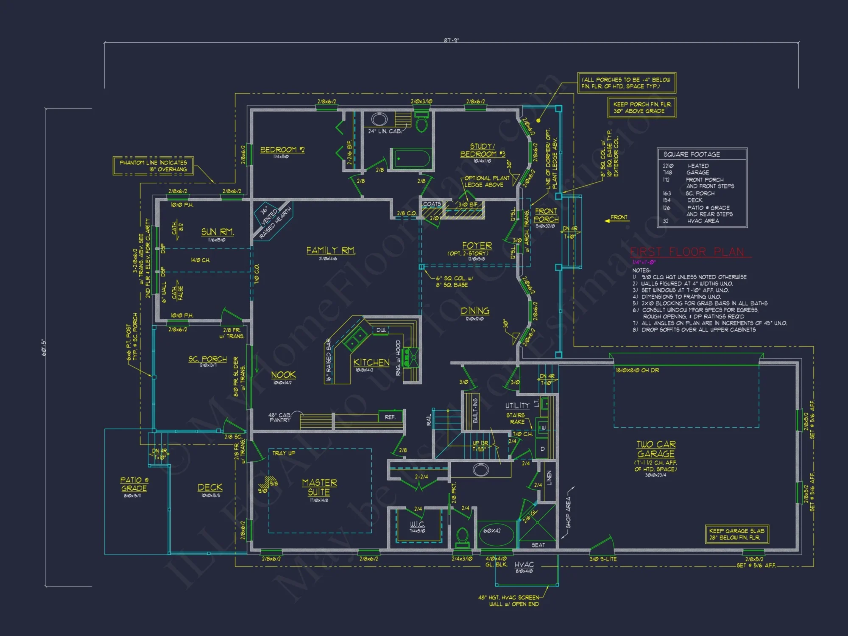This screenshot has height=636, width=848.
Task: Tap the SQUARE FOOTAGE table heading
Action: pyautogui.click(x=692, y=154)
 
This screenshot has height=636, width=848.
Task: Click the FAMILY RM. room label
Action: pyautogui.click(x=331, y=251)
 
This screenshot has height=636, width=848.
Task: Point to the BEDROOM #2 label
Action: pyautogui.click(x=282, y=150)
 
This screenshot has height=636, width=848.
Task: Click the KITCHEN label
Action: pyautogui.click(x=371, y=363)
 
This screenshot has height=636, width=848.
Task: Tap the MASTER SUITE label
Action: pyautogui.click(x=319, y=487)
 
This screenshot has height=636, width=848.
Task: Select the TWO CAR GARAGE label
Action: pyautogui.click(x=656, y=449)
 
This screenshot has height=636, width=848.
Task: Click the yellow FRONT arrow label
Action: pyautogui.click(x=618, y=218)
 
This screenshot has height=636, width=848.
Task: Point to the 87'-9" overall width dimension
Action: pyautogui.click(x=451, y=40)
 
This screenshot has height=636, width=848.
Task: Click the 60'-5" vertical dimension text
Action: pyautogui.click(x=44, y=347)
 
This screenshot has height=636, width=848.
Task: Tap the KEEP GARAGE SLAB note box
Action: pyautogui.click(x=736, y=534)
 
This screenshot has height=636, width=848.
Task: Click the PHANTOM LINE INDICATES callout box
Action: pyautogui.click(x=153, y=166)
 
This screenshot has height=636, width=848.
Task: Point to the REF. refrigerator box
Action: pyautogui.click(x=390, y=417)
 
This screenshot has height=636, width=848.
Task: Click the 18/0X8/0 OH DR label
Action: pyautogui.click(x=637, y=370)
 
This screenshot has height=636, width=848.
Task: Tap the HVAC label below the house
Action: pyautogui.click(x=524, y=565)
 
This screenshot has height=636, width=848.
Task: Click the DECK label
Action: pyautogui.click(x=210, y=488)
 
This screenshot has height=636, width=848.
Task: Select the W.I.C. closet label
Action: pyautogui.click(x=417, y=524)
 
